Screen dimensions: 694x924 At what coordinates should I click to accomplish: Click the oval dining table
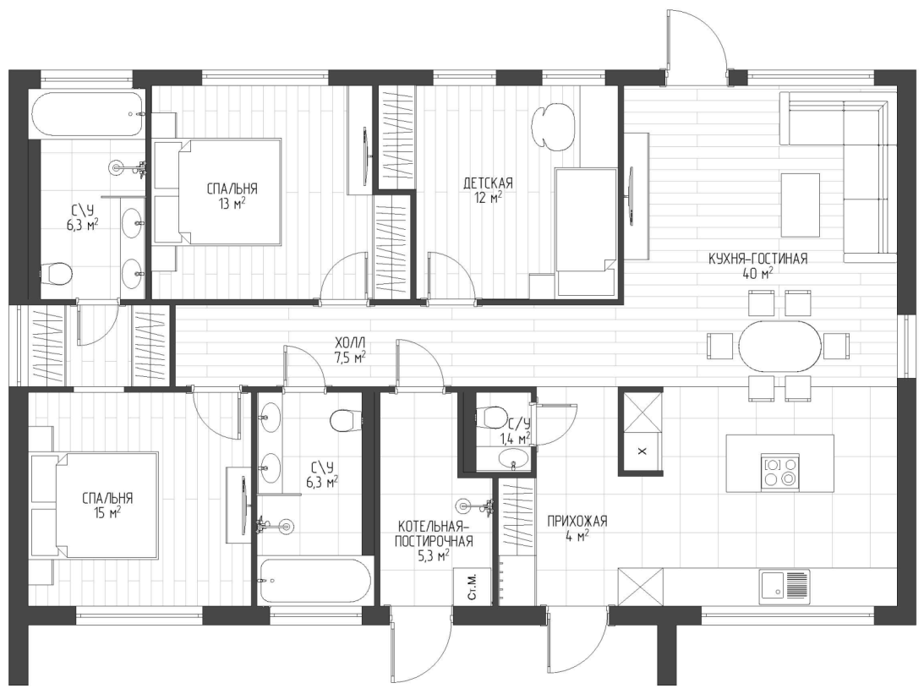[x=779, y=345]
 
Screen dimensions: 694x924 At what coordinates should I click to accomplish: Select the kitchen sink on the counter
[x=783, y=585]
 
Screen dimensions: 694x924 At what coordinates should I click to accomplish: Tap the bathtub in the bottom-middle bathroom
[x=314, y=581]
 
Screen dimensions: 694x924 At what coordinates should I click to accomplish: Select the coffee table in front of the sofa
[x=801, y=205]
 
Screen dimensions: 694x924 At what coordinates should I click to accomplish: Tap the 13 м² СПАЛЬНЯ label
[x=231, y=194]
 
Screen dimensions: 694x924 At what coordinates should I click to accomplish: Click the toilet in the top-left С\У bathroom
[x=58, y=272]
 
